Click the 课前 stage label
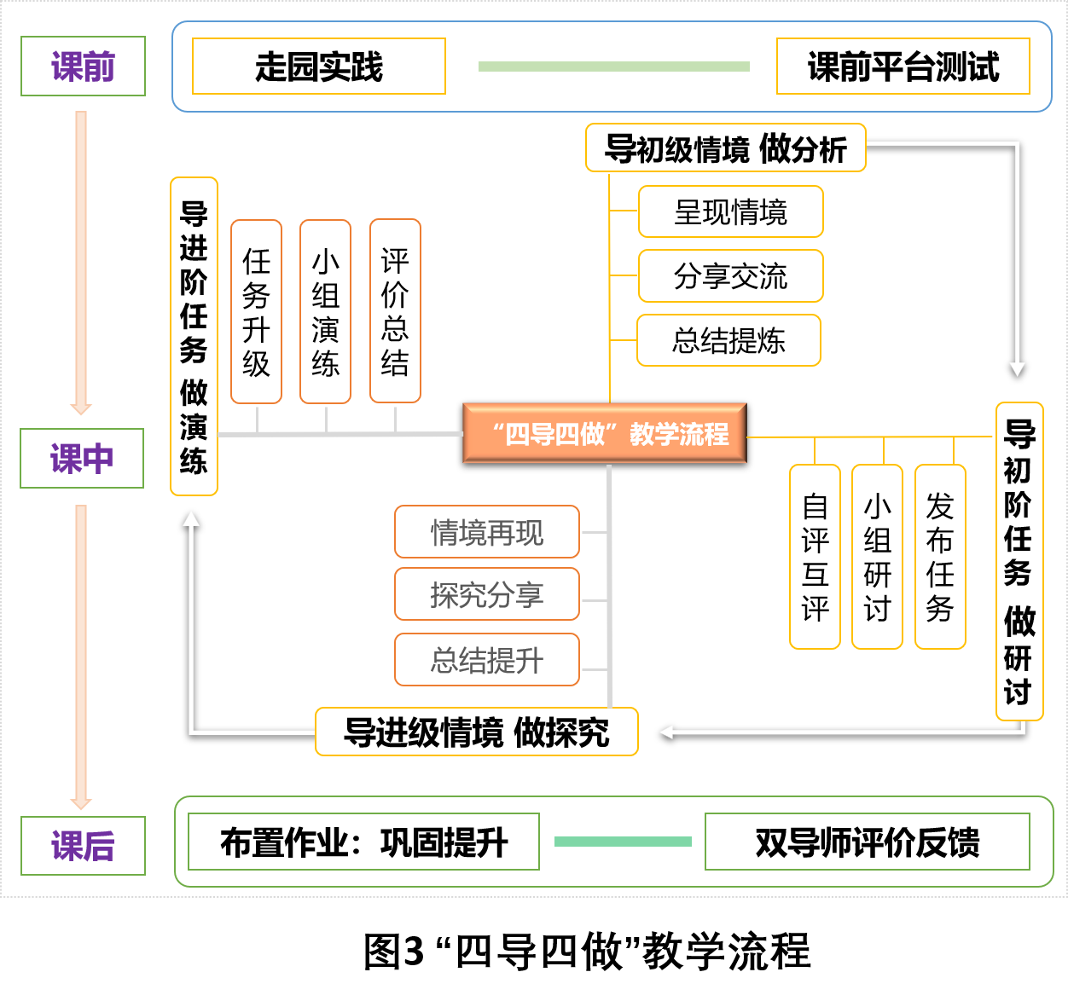point(83,67)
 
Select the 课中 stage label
point(82,459)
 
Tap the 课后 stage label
point(83,846)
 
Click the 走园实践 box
point(319,67)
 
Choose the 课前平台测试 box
point(903,67)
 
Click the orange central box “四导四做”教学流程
point(605,434)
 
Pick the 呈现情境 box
point(730,211)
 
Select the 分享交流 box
point(730,276)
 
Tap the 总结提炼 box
point(728,341)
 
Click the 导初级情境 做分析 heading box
point(725,148)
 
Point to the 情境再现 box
point(487,532)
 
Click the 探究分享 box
point(487,594)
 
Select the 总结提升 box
point(487,660)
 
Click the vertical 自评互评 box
point(815,557)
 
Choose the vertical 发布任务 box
point(940,557)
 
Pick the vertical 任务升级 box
point(256,312)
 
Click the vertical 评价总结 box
point(395,311)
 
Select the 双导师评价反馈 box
point(867,842)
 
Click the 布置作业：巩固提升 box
point(363,842)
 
